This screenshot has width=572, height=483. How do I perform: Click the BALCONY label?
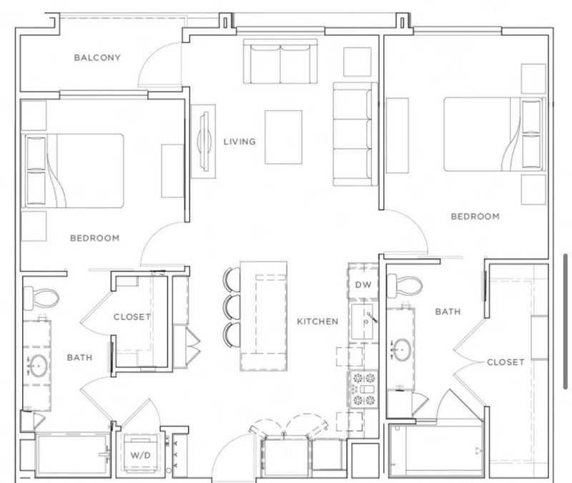point(97,58)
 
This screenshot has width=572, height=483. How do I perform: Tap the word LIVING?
point(240,142)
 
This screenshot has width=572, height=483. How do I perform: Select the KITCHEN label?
point(317,321)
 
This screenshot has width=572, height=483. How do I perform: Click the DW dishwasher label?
point(363,284)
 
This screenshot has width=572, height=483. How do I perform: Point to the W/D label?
point(140,455)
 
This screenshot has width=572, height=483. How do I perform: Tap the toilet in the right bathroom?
point(405,286)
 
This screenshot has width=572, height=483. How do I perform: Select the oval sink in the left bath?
point(38,366)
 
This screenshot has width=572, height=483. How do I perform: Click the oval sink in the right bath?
point(402,350)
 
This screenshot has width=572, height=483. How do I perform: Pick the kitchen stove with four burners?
point(363,389)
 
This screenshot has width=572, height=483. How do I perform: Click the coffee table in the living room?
point(283,137)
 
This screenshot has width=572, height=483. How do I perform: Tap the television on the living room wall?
point(204,141)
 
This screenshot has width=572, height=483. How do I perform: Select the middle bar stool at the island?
point(232,308)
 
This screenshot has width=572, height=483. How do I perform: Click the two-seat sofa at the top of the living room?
point(280,62)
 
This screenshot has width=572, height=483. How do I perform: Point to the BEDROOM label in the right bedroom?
point(475,217)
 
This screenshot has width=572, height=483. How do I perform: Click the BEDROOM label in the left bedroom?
point(95,238)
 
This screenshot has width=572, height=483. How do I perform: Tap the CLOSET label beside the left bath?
point(132,317)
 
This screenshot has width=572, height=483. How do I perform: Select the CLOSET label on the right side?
point(506,362)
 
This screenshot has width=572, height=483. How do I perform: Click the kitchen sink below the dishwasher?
point(363,321)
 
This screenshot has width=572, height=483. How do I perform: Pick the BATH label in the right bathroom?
point(448,312)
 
